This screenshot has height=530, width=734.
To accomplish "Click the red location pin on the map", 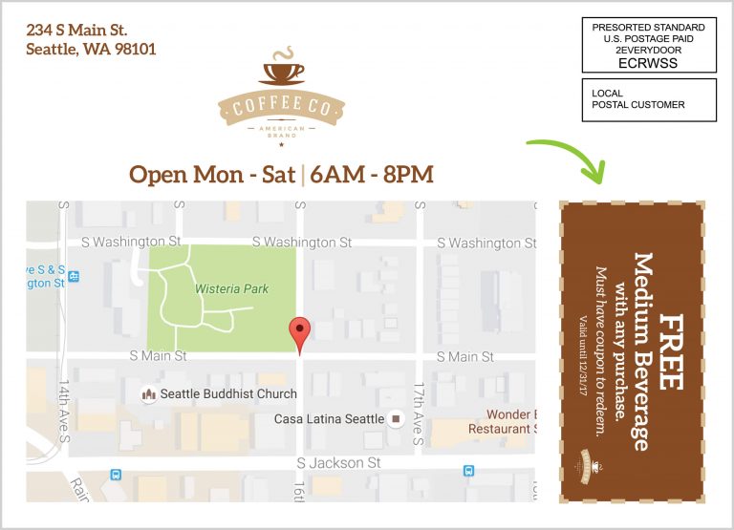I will click(x=300, y=333).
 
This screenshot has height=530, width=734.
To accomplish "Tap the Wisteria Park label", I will click(x=231, y=288).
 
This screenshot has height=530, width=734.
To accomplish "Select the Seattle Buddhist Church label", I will click(x=228, y=393).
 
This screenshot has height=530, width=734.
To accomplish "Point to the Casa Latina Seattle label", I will click(x=329, y=419).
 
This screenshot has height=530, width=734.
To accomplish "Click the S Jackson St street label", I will click(x=338, y=463).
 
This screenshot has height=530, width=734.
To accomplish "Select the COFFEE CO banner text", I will click(x=281, y=108).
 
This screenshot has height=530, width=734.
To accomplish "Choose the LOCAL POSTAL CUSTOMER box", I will click(x=649, y=99).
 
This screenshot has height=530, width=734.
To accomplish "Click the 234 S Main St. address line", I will click(x=76, y=31).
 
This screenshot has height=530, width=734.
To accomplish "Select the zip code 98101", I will click(x=131, y=49).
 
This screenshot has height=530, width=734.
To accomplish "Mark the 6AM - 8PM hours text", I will click(x=373, y=175).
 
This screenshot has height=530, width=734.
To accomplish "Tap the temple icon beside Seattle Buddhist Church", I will click(x=148, y=393).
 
